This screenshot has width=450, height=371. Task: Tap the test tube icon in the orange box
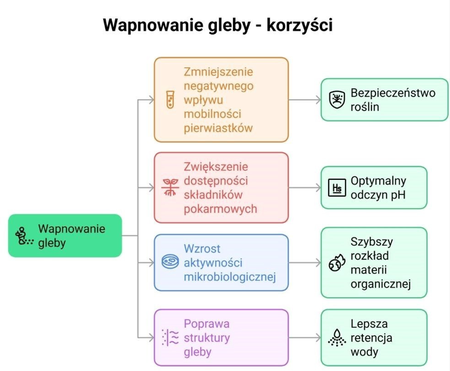coord(168,100)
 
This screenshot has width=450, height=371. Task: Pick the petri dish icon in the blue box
coord(169,262)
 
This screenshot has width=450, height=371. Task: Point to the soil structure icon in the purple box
coord(169,337)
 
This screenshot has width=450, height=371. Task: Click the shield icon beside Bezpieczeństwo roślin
coord(336,99)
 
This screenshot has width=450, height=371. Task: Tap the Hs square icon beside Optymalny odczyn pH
coord(336,187)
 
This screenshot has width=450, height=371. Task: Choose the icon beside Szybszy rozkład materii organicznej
coord(336,262)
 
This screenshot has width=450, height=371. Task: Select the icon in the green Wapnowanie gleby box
coord(23,236)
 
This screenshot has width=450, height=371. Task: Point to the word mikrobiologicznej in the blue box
coord(229,277)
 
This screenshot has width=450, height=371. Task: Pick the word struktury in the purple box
coord(207,337)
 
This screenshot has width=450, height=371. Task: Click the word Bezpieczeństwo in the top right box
coord(393,93)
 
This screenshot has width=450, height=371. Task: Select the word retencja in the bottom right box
coord(372,337)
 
